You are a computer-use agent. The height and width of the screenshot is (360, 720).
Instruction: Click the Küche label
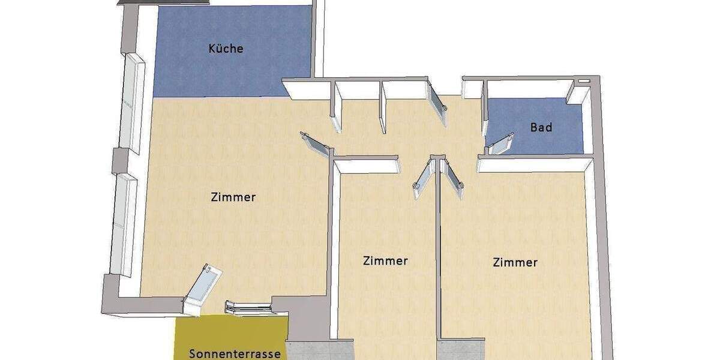point(226,49)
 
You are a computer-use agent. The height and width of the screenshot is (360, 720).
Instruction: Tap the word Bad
point(541,127)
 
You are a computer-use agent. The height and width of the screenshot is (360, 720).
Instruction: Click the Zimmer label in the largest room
point(233,197)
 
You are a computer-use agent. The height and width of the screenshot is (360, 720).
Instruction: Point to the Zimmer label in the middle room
point(385,260)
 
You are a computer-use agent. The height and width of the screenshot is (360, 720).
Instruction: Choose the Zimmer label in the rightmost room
point(515,262)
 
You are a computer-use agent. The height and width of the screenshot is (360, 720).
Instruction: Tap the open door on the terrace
point(202,290)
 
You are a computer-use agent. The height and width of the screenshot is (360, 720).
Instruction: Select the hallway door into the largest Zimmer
point(314,144)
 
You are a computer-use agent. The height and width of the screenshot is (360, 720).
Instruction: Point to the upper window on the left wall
point(131,103)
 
